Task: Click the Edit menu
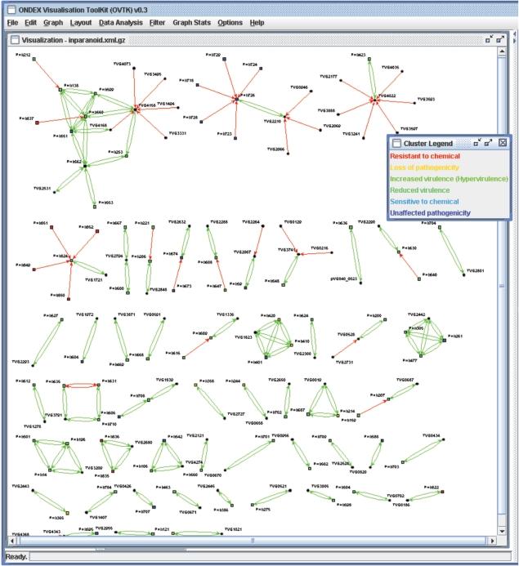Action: [x=30, y=23]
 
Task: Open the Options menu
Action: [x=230, y=23]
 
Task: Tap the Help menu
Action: [x=257, y=23]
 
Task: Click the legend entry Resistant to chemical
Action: [x=425, y=156]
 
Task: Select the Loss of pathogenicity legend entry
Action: [x=421, y=167]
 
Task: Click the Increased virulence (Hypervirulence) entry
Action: [x=449, y=178]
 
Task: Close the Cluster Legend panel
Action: [x=503, y=143]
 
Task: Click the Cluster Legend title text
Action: [x=429, y=143]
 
